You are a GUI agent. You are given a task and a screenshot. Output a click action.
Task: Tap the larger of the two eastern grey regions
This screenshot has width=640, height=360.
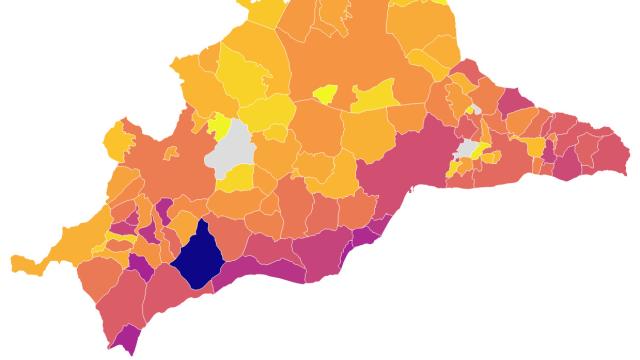[x=466, y=150]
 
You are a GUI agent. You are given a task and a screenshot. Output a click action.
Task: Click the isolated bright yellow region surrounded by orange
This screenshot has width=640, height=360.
[x=325, y=95]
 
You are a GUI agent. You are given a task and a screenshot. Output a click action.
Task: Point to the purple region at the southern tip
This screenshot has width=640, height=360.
[x=126, y=340]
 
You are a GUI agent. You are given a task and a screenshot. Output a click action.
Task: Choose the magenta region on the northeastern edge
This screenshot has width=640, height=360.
[x=515, y=101]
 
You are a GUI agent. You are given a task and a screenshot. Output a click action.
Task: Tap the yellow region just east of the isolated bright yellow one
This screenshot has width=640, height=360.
[x=374, y=96]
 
